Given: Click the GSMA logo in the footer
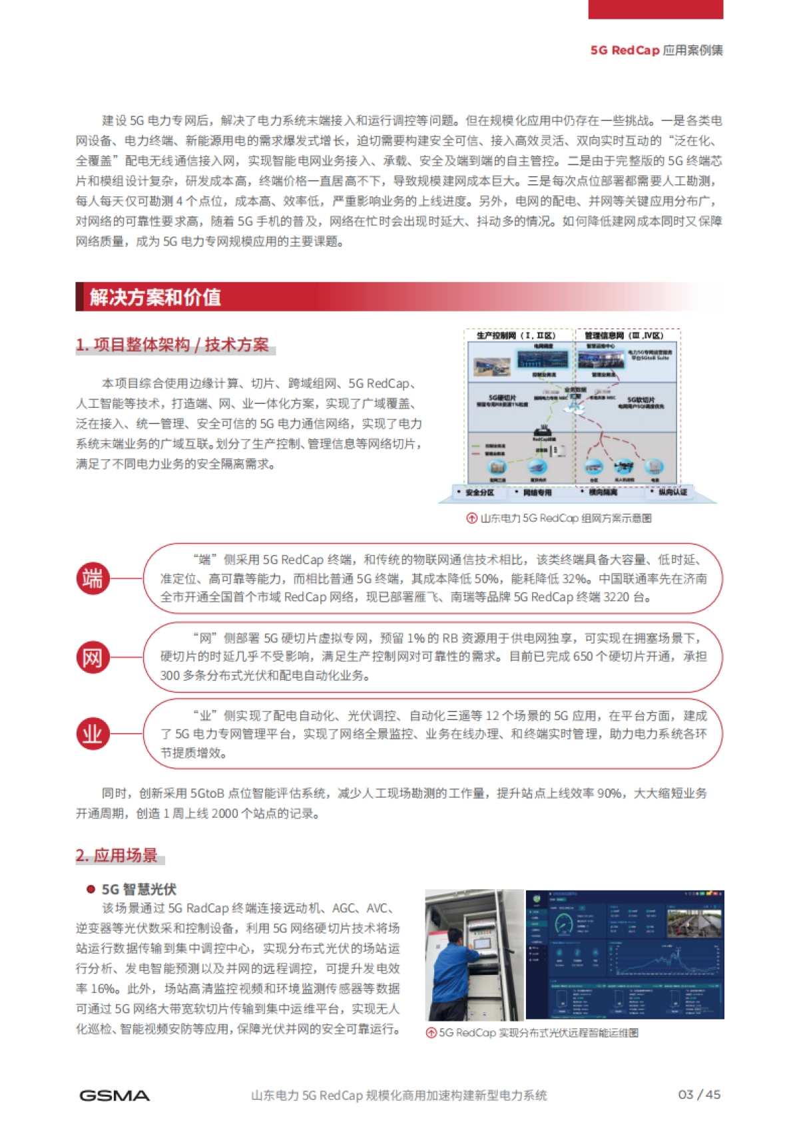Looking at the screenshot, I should [114, 1095].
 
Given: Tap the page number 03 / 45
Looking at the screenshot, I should [699, 1095].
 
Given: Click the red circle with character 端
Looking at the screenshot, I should [93, 578].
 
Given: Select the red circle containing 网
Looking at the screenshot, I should [93, 658].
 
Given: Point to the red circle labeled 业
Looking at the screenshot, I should [93, 733].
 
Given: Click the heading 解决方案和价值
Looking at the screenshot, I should [155, 297].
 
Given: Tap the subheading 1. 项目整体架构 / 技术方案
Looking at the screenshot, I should [172, 345].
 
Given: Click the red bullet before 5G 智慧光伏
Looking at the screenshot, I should [91, 889].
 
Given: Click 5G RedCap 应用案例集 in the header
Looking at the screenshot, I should [657, 51].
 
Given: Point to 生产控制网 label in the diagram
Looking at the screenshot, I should [516, 335].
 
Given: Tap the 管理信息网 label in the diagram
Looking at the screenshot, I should [624, 335].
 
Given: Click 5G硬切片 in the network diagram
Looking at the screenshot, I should [502, 398].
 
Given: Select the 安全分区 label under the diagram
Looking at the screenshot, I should [479, 492].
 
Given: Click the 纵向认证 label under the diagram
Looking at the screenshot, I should [672, 492].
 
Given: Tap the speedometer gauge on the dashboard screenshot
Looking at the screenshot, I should [565, 924].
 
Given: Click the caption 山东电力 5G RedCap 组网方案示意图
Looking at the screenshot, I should [565, 518].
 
